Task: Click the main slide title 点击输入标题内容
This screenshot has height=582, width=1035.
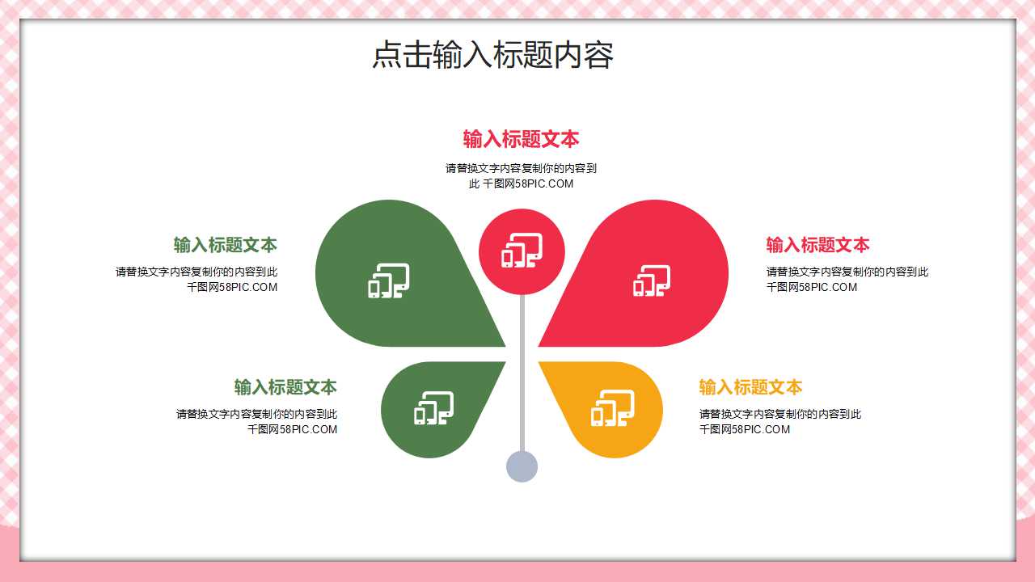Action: pyautogui.click(x=492, y=56)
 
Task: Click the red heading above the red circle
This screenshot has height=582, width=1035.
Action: pyautogui.click(x=521, y=139)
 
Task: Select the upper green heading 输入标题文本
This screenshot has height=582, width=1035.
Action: pyautogui.click(x=225, y=245)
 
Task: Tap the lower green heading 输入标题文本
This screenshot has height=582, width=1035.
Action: pyautogui.click(x=285, y=387)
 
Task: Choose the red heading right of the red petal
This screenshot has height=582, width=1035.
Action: pyautogui.click(x=817, y=245)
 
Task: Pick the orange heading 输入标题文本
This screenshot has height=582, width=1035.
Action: pyautogui.click(x=750, y=387)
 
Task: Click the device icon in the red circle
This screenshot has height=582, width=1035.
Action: pyautogui.click(x=522, y=251)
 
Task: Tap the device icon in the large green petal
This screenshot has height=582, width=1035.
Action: pyautogui.click(x=389, y=280)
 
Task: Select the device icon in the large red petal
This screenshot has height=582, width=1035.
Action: pyautogui.click(x=652, y=280)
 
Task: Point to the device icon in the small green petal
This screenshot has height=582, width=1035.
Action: pyautogui.click(x=433, y=408)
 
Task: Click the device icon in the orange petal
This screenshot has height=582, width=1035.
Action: pyautogui.click(x=612, y=408)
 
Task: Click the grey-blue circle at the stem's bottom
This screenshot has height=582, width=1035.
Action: pyautogui.click(x=522, y=466)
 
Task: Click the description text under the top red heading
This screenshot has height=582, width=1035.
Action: pyautogui.click(x=521, y=176)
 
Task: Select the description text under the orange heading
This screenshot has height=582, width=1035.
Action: pyautogui.click(x=779, y=421)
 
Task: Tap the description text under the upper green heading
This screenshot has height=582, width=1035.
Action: pyautogui.click(x=196, y=279)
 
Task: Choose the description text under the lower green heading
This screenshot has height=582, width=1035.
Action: pyautogui.click(x=257, y=421)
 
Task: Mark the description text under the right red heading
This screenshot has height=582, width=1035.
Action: pyautogui.click(x=847, y=279)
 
